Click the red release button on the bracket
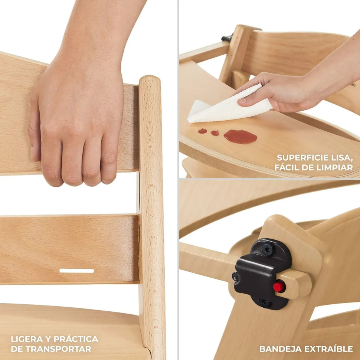click(279, 287)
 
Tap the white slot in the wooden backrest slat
click(77, 271)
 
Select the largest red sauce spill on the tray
click(240, 137)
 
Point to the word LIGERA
click(27, 339)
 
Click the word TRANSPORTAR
click(58, 349)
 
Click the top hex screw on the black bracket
click(268, 249)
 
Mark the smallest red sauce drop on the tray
click(202, 131)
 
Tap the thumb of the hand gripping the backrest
click(35, 138)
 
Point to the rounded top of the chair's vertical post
click(150, 79)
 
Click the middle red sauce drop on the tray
click(215, 133)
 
